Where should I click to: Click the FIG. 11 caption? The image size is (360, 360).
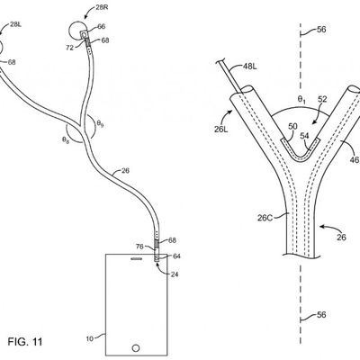[x=25, y=343]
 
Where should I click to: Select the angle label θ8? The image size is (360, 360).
[x=67, y=139]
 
